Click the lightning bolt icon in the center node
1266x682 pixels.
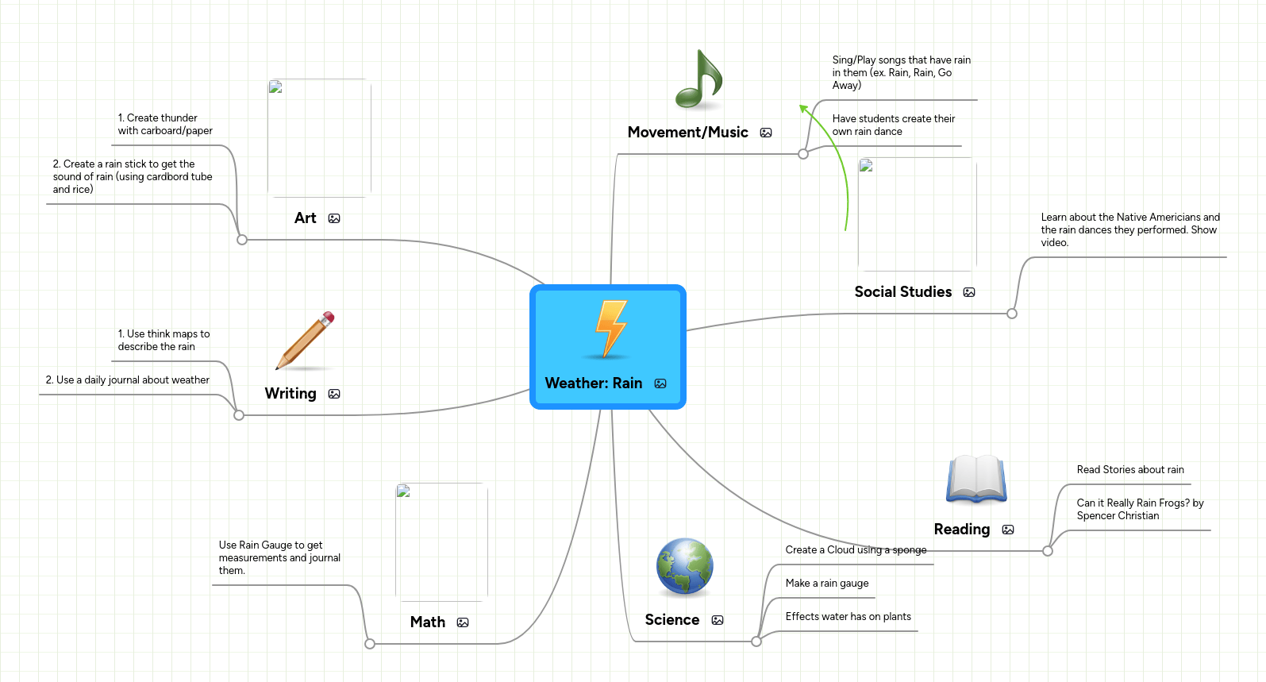tap(610, 329)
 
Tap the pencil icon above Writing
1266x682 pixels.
tap(306, 341)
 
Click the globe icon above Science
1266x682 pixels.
tap(684, 567)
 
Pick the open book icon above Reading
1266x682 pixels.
tap(976, 479)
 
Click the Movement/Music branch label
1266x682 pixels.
tap(688, 133)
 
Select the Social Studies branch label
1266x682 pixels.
tap(903, 292)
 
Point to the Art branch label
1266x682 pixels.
tap(306, 218)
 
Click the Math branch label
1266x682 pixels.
tap(428, 622)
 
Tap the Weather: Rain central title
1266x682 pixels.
tap(594, 383)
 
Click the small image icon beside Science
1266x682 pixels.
tap(718, 620)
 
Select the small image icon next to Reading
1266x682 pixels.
tap(1008, 530)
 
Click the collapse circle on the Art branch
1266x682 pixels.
tap(242, 240)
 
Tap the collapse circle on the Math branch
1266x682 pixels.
tap(370, 644)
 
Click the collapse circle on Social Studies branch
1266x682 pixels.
tap(1012, 314)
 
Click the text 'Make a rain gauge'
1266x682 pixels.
tap(827, 583)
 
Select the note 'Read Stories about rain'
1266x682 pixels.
tap(1130, 469)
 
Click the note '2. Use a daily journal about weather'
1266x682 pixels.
tap(128, 380)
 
